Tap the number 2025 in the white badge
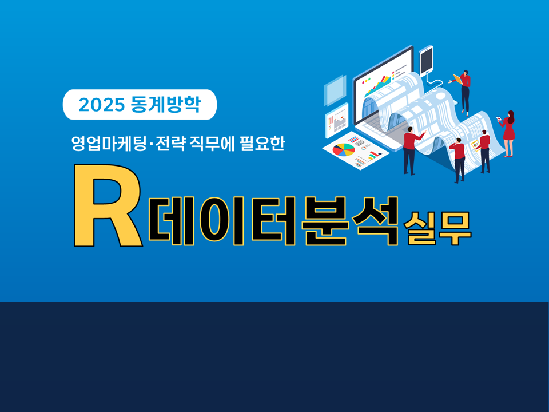102,105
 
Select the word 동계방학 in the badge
165,105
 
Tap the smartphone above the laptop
426,60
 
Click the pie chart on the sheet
343,150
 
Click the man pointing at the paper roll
411,150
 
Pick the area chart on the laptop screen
380,86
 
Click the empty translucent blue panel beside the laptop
335,90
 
